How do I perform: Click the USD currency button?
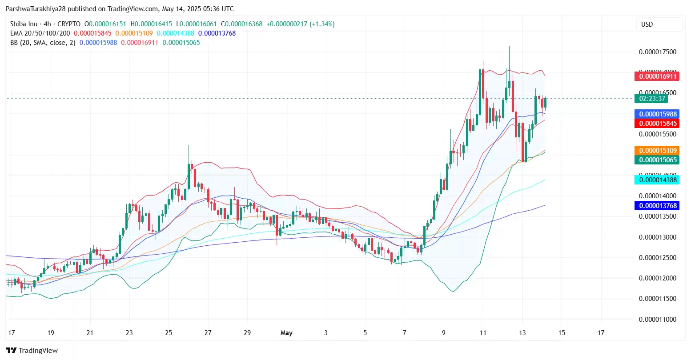coord(647,24)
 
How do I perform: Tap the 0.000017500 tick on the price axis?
coord(657,52)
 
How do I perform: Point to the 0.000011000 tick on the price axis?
coord(657,320)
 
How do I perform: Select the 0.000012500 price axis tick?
coord(657,258)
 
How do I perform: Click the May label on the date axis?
coord(286,333)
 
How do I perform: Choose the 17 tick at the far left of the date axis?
coord(12,333)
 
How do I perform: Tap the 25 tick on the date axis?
coord(169,333)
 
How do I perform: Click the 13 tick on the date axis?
coord(522,333)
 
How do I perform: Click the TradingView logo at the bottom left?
coord(32,351)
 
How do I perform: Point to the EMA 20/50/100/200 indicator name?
coord(40,33)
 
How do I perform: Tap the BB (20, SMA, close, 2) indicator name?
coord(43,43)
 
